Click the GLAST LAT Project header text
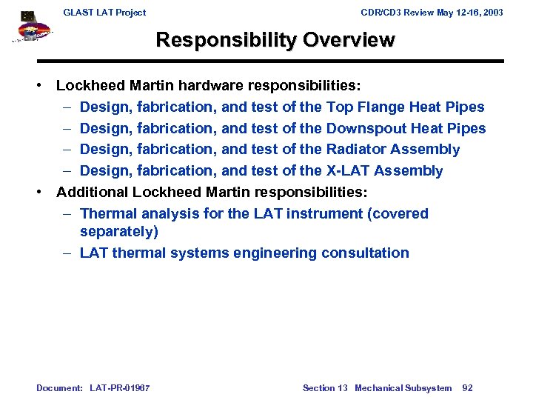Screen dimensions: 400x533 point(104,12)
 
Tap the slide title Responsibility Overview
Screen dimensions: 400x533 point(275,39)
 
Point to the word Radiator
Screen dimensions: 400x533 point(356,149)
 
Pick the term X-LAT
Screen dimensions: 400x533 point(348,170)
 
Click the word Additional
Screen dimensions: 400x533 point(92,192)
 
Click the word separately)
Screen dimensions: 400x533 point(119,231)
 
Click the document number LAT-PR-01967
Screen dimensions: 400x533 point(119,387)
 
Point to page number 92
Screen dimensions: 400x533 point(467,387)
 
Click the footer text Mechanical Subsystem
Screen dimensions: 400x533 point(403,387)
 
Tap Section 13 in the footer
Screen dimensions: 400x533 point(324,387)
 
